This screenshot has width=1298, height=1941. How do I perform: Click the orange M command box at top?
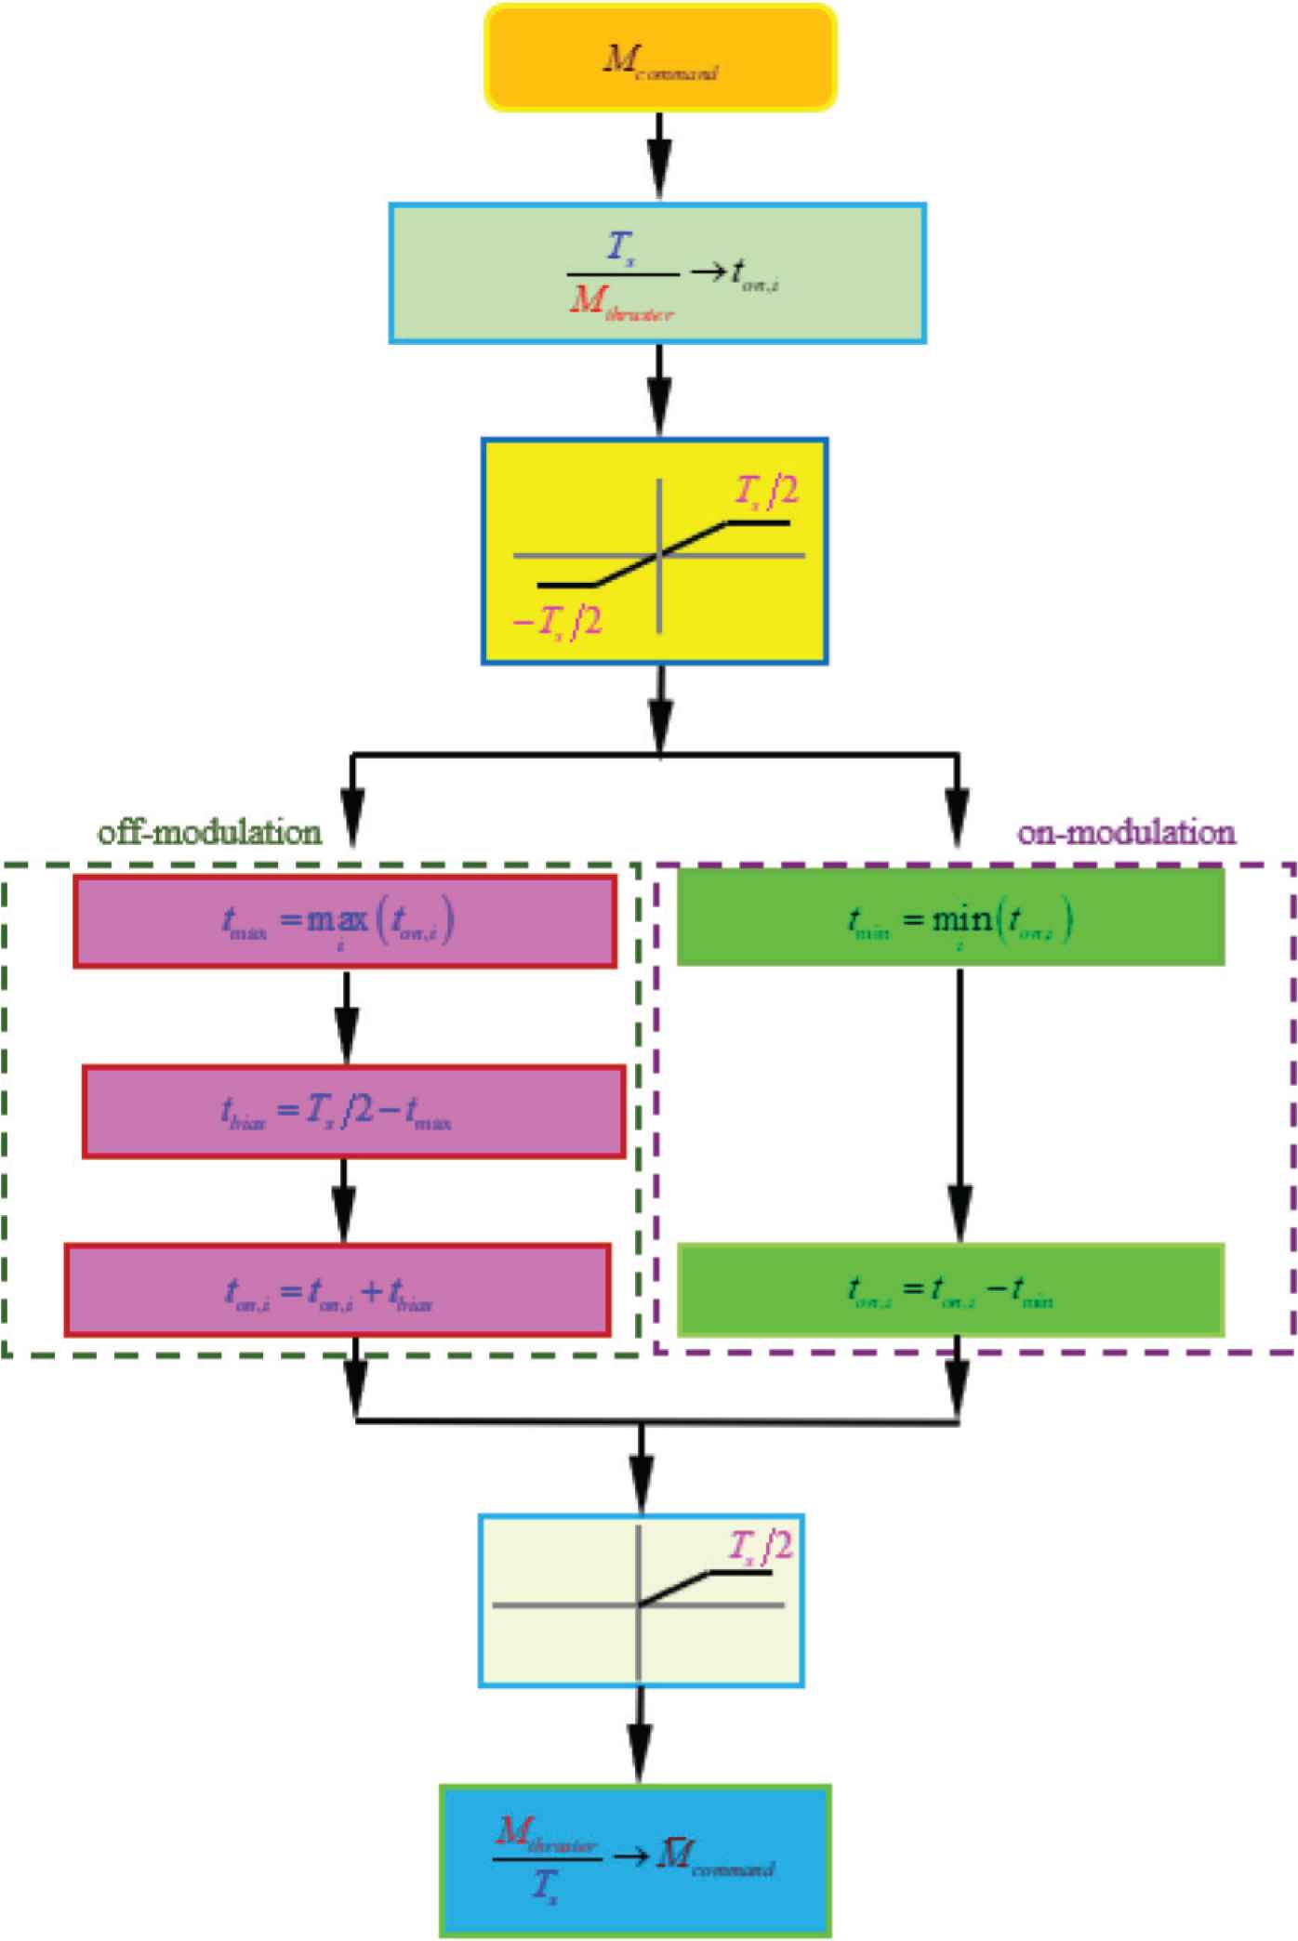point(660,58)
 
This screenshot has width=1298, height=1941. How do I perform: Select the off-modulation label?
point(210,831)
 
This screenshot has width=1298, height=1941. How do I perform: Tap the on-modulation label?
point(1126,831)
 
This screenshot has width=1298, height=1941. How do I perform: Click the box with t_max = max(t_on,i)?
point(344,921)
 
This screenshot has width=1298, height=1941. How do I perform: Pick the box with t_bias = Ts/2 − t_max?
point(353,1112)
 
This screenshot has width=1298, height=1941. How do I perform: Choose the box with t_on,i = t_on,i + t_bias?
point(337,1290)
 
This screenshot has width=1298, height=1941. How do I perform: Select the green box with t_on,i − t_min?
point(950,1290)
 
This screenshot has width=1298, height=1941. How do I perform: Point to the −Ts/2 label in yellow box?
point(558,621)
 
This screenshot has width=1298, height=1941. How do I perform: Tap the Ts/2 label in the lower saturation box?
point(761,1547)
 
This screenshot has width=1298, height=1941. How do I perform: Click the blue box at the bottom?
point(635,1860)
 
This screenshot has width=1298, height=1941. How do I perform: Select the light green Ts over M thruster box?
point(657,273)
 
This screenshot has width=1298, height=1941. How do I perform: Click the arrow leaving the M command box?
point(659,155)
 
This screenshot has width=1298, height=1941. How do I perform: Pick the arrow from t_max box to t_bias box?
point(346,1017)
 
